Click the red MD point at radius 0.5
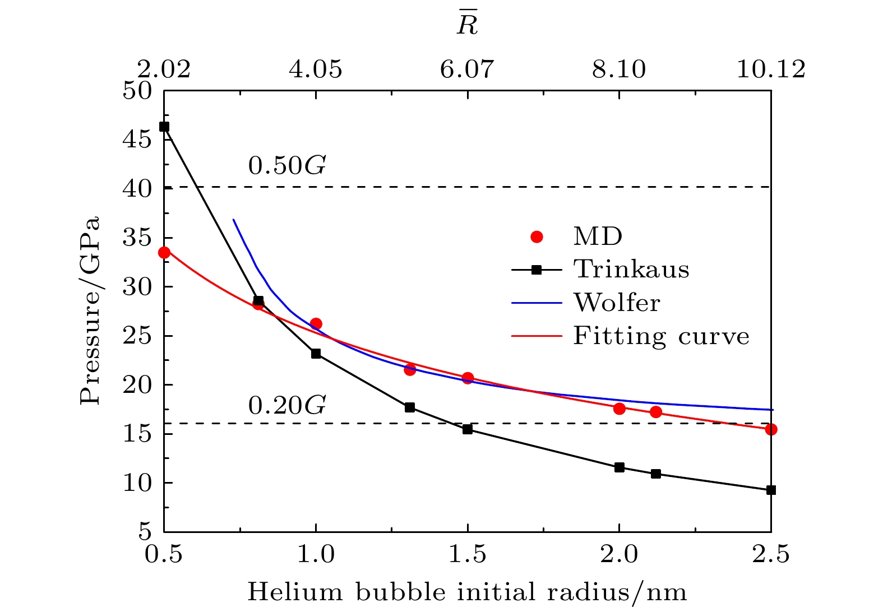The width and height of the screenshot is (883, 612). [x=164, y=253]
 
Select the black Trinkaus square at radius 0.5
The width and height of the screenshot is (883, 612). [x=164, y=127]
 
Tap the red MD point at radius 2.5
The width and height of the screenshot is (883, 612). [x=771, y=429]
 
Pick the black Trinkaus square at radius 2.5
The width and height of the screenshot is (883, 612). [x=771, y=490]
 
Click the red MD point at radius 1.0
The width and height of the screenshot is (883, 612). [x=316, y=323]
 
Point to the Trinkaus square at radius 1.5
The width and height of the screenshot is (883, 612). [x=468, y=429]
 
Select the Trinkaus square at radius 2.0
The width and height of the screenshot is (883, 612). [x=620, y=467]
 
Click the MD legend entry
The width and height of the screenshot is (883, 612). [x=598, y=237]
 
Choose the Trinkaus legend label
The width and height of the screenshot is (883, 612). [x=631, y=270]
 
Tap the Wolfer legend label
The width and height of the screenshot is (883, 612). [x=617, y=303]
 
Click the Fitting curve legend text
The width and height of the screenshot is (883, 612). [x=661, y=336]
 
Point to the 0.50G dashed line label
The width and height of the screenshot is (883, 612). [x=287, y=166]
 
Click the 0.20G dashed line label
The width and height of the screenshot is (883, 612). [x=287, y=406]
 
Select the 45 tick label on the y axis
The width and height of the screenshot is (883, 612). [x=137, y=139]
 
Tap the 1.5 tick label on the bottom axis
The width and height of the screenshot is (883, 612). [x=468, y=554]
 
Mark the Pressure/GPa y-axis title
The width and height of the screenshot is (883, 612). [x=90, y=310]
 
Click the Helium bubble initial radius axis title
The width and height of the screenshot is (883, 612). [x=467, y=593]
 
